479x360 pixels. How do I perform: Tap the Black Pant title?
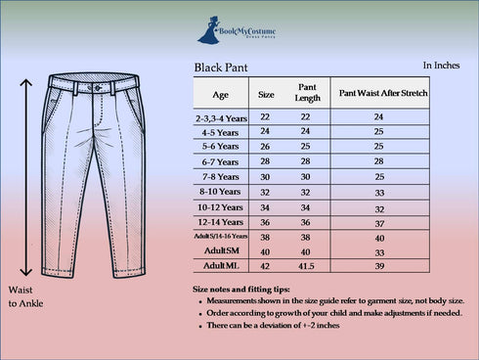tap(222, 69)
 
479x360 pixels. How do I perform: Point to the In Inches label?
tap(442, 66)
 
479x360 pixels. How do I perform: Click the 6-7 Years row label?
tap(220, 161)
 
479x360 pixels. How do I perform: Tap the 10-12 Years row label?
tap(220, 207)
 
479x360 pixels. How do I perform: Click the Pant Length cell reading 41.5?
tap(305, 265)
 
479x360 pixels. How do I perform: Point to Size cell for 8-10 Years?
tap(265, 193)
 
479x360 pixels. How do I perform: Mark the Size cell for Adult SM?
tap(265, 251)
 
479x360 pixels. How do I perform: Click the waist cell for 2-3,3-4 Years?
tap(378, 117)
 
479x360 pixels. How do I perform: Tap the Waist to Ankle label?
tap(25, 298)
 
